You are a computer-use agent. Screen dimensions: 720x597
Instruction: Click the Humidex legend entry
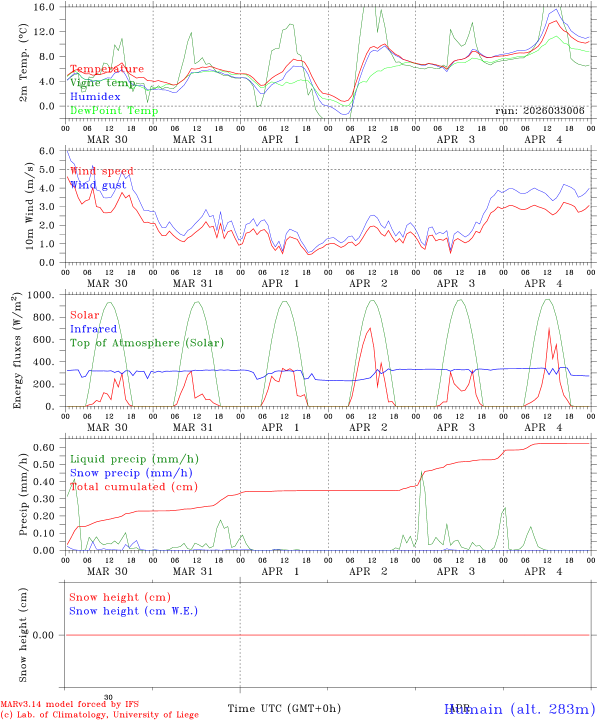tap(95, 97)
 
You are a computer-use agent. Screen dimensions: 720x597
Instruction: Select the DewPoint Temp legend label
tap(114, 111)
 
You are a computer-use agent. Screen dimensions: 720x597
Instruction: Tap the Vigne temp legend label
tap(102, 83)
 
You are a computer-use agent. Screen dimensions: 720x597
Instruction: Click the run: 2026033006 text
tap(539, 111)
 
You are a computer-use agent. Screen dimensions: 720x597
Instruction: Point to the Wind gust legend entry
tap(98, 185)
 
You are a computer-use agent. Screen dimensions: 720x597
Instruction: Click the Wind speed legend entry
tap(101, 171)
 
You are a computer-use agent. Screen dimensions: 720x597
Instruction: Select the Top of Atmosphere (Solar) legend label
tap(147, 343)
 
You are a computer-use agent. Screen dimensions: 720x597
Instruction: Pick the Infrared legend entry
tap(93, 329)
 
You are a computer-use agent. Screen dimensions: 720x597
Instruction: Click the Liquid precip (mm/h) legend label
tap(134, 459)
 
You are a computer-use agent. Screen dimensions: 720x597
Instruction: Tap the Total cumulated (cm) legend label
tap(133, 487)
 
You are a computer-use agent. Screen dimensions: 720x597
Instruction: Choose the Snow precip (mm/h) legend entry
tap(131, 473)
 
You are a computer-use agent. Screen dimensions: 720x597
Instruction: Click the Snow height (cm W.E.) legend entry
tap(133, 611)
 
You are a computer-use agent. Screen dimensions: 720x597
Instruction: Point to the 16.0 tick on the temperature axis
tap(44, 7)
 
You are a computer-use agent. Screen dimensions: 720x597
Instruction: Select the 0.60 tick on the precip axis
tap(44, 447)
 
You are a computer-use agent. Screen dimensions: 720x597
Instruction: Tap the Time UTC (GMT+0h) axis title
tap(284, 708)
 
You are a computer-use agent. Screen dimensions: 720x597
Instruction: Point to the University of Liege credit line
tap(99, 715)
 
